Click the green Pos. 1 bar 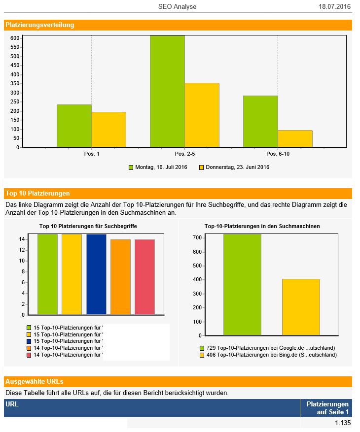click(74, 126)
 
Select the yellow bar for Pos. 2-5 click(202, 115)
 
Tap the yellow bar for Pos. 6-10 click(295, 138)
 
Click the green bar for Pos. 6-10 click(260, 121)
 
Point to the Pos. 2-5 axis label click(184, 154)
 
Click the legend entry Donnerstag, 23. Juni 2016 click(234, 167)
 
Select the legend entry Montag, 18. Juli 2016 click(158, 167)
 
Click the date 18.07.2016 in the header click(334, 6)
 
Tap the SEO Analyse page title click(177, 6)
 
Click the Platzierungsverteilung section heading click(40, 25)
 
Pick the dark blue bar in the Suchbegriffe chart click(96, 274)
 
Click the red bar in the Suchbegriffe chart click(144, 277)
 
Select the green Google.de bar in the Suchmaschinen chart click(242, 284)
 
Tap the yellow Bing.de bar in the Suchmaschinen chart click(301, 307)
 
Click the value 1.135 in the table click(342, 423)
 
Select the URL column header click(12, 404)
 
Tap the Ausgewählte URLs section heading click(34, 382)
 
